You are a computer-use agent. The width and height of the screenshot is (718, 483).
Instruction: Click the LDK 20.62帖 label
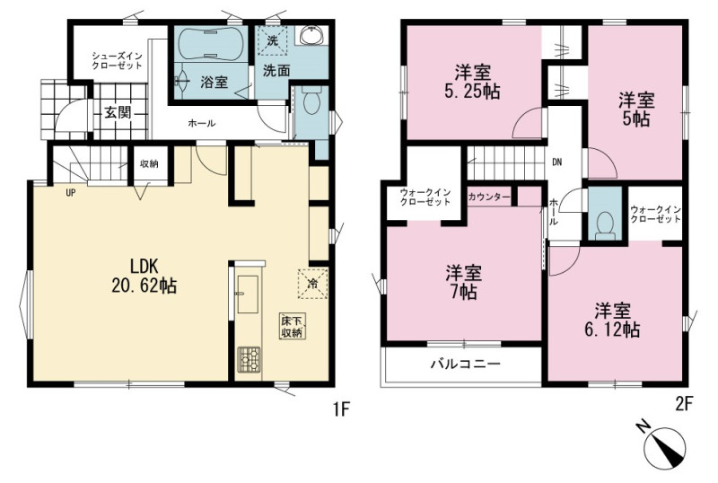coord(144,276)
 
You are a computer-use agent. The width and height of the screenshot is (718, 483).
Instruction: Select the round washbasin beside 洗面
coord(311,35)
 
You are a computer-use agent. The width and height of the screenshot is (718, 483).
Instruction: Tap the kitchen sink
coord(248,294)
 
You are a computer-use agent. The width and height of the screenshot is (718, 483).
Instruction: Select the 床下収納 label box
coord(293,326)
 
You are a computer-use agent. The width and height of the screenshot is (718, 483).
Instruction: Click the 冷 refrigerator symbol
coord(312,283)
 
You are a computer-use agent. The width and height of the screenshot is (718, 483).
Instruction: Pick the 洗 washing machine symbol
coord(273,40)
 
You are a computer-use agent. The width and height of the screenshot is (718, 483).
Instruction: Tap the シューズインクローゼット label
coord(117,60)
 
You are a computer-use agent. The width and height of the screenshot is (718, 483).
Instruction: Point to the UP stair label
coord(71,193)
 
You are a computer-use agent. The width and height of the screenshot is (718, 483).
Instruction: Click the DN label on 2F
coord(556,162)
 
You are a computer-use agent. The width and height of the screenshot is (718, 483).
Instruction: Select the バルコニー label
coord(465,364)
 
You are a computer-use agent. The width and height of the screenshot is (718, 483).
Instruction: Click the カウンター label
coord(488,197)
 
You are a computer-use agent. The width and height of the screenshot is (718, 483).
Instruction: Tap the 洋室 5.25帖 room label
coord(472,83)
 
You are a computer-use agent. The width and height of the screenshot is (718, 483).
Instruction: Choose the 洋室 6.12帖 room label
coord(612,320)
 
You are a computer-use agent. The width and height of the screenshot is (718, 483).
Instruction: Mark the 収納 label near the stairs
coord(149,163)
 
